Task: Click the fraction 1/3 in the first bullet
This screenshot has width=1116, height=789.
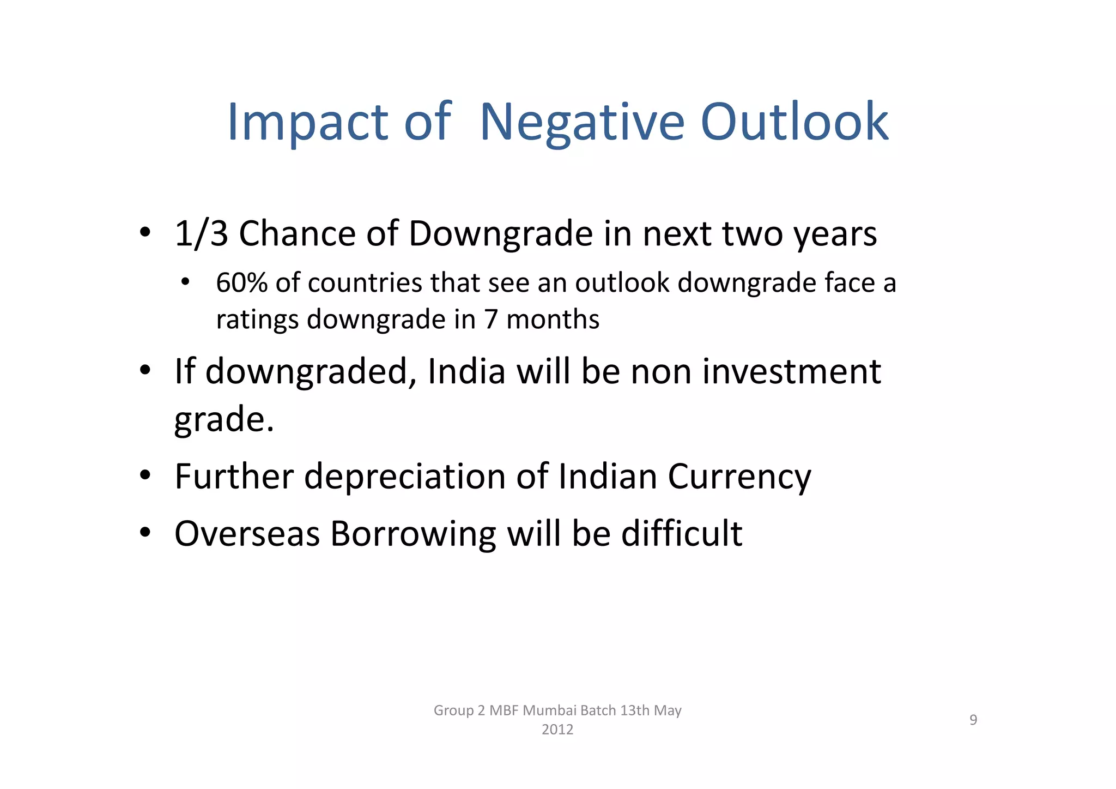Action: point(201,234)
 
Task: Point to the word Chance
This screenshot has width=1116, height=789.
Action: point(297,234)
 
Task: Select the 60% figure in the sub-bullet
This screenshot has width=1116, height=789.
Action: point(242,282)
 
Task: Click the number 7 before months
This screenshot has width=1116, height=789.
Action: point(491,319)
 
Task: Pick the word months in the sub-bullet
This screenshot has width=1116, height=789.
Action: point(553,319)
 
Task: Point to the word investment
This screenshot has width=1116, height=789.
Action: point(791,371)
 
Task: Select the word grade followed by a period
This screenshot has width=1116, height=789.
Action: point(224,420)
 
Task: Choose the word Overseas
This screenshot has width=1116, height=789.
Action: point(247,533)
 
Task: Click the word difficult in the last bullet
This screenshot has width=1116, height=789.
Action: point(682,533)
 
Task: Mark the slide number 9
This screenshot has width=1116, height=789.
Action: point(973,720)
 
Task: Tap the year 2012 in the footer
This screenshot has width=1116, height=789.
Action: point(557,730)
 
